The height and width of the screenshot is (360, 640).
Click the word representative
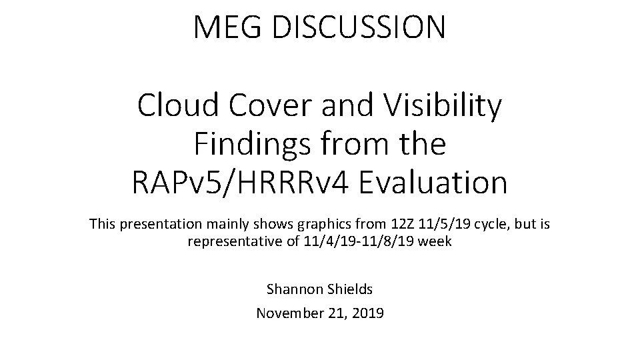click(x=235, y=241)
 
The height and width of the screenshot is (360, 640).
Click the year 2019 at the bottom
click(x=365, y=312)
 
